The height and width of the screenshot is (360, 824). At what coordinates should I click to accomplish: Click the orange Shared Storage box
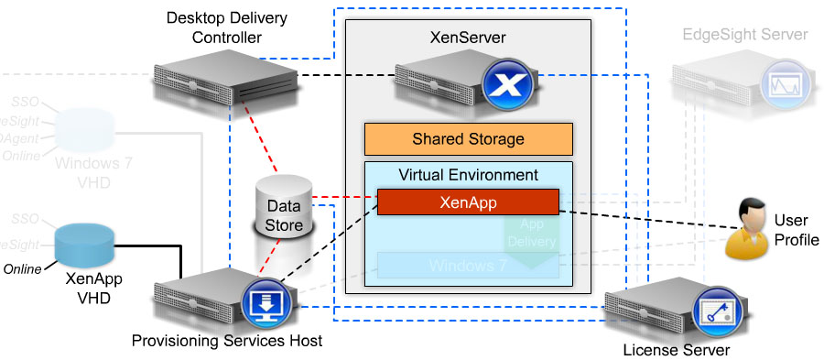pos(468,139)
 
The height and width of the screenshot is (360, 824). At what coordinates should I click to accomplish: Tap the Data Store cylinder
pos(283,216)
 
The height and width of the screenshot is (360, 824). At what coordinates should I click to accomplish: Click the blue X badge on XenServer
pos(501,87)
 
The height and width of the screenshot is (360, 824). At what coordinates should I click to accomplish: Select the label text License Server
pos(676,350)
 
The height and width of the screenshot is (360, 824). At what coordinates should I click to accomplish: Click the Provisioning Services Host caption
pos(227,342)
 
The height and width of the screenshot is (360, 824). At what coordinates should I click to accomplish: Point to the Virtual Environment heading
pos(468,174)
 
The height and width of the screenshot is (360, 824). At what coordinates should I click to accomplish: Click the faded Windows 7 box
pos(468,266)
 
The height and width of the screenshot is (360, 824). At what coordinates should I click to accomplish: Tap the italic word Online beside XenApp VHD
pos(23,269)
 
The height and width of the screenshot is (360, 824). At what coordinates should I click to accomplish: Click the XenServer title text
pos(467,38)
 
